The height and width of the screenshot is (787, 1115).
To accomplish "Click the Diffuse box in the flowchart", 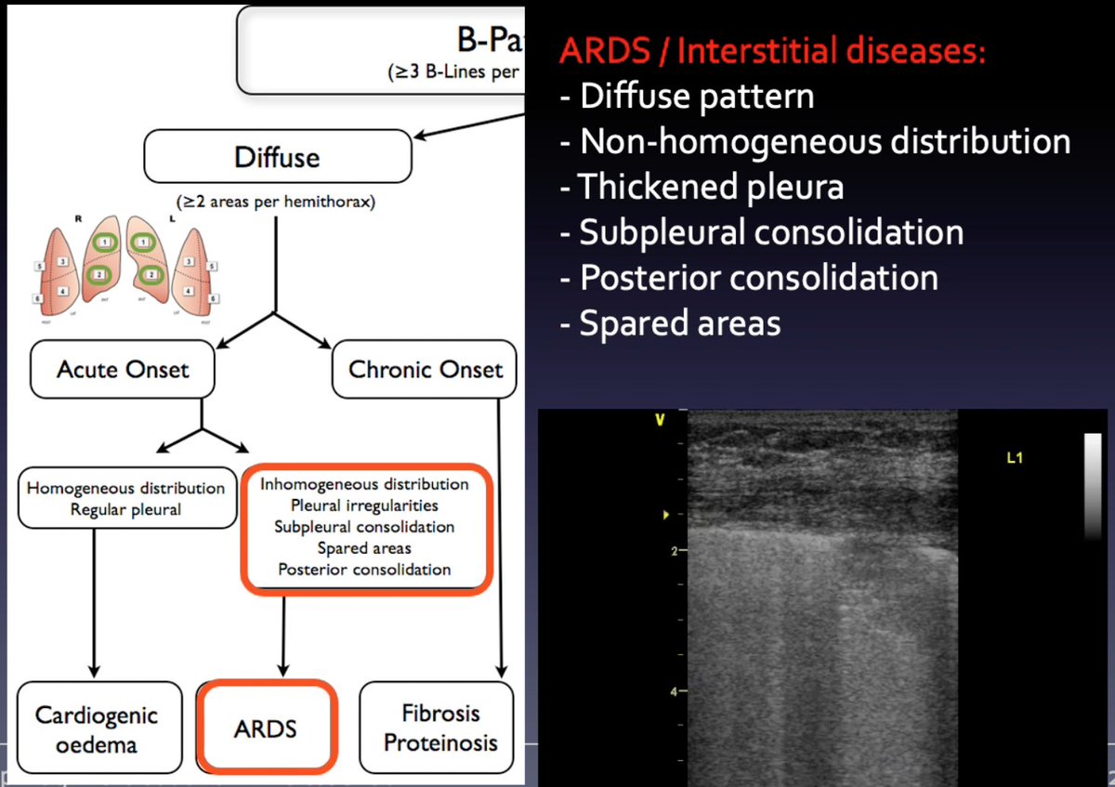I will click(277, 156).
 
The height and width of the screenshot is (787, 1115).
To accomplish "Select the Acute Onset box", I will click(123, 369).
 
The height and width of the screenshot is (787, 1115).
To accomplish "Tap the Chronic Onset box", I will click(426, 369).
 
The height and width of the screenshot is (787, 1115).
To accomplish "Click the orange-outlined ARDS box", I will click(266, 728).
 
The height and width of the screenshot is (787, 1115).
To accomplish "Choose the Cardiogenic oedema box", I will click(97, 729).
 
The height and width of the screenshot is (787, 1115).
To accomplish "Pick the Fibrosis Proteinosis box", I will click(440, 728).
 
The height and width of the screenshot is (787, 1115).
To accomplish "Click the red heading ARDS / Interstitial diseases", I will click(771, 50).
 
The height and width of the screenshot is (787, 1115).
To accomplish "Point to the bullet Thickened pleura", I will click(710, 187).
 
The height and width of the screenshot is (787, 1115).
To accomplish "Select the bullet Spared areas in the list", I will click(678, 322).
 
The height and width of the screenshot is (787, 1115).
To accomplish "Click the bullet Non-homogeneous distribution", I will click(823, 141).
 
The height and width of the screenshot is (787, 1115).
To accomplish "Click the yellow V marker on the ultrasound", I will click(660, 421).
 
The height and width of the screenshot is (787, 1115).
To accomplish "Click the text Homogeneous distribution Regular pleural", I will click(125, 498).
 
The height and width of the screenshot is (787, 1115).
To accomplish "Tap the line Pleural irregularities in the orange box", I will click(364, 505).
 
